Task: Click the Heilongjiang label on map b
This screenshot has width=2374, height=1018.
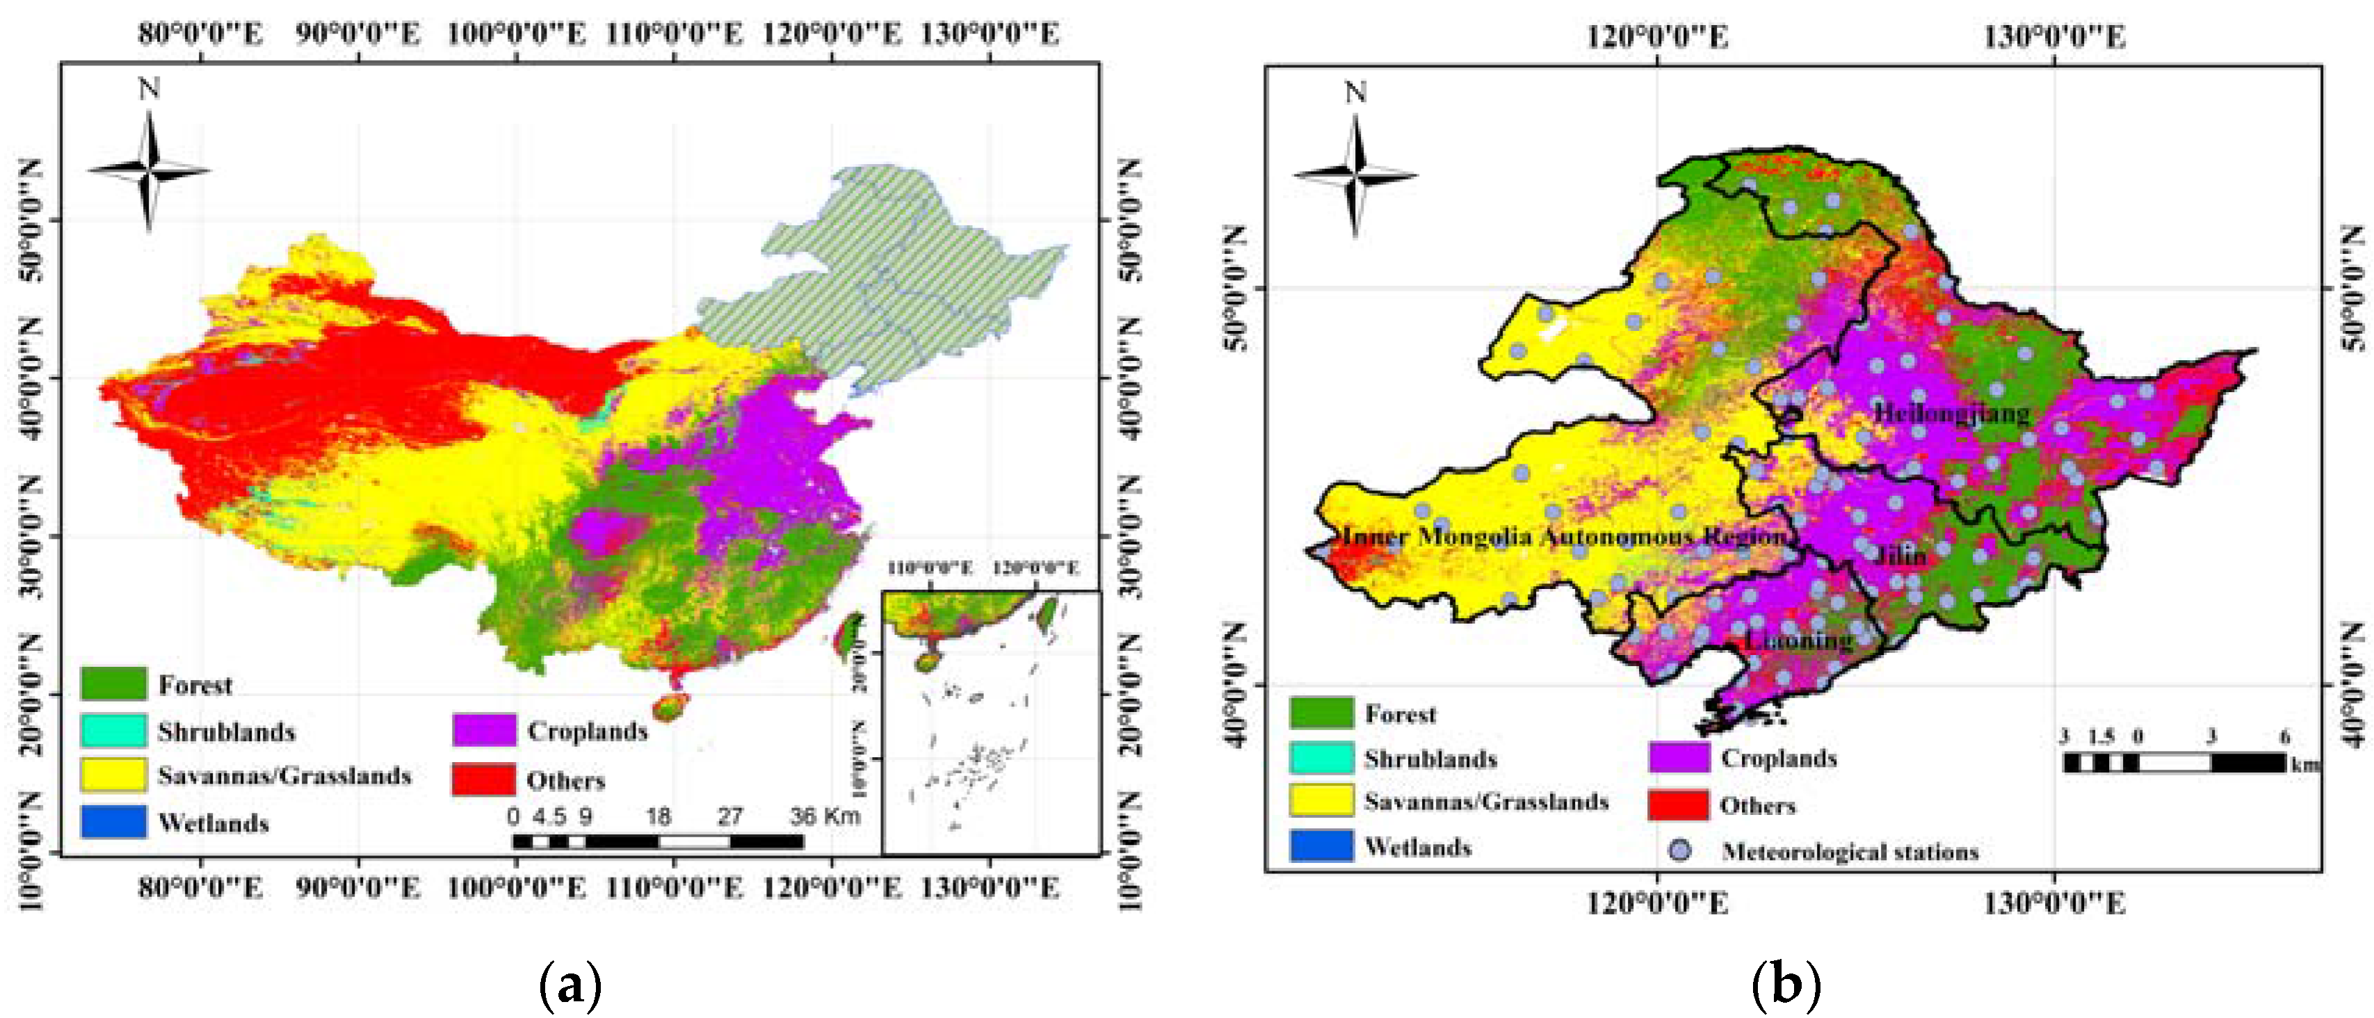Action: coord(1952,414)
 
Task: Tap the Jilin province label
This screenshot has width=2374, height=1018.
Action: coord(1901,556)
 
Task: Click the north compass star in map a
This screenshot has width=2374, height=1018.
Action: coord(150,170)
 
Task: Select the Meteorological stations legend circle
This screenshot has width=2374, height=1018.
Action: coord(1681,850)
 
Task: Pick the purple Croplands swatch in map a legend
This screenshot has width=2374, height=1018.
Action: coord(484,729)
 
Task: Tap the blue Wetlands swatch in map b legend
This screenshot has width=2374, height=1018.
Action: coord(1321,846)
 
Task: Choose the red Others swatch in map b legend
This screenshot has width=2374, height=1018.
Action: coord(1678,805)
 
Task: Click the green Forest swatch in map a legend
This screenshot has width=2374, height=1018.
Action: coord(113,684)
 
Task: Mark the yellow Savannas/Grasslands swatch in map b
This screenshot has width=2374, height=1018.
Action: coord(1321,800)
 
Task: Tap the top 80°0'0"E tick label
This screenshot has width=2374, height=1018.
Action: coord(200,34)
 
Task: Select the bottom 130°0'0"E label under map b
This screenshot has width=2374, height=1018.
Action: coord(2054,903)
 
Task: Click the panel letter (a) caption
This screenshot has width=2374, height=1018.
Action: coord(570,985)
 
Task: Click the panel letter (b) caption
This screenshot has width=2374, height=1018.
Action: coord(1785,985)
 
